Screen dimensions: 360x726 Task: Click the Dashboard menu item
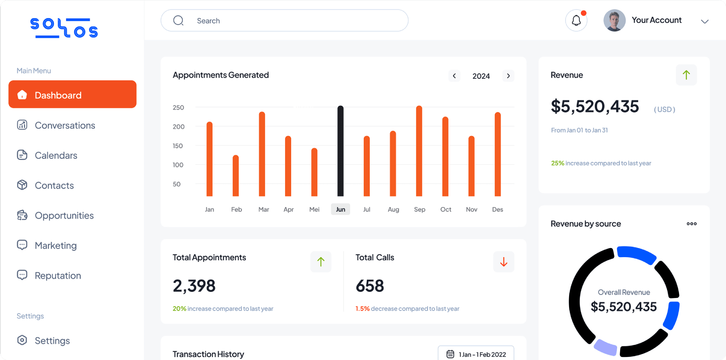coord(72,95)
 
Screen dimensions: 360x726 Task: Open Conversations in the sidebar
coord(64,125)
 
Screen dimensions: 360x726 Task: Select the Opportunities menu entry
coord(64,216)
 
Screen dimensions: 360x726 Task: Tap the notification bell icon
coord(576,20)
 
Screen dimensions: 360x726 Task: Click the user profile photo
coord(614,20)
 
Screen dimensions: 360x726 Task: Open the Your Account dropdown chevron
coord(704,22)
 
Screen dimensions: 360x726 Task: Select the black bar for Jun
coord(340,151)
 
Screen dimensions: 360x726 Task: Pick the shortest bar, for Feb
coord(236,176)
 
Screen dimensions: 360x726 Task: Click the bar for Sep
coord(419,151)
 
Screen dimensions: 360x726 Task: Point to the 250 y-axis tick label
coord(178,107)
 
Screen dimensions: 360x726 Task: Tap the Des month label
coord(497,209)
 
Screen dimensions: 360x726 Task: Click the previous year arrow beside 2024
coord(454,76)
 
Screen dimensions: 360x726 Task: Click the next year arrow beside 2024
coord(508,76)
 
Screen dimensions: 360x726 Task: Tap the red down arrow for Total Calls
coord(503,262)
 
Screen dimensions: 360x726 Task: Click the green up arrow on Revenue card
coord(686,75)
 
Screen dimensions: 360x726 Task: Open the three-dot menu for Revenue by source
coord(692,223)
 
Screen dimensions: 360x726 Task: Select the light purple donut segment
coord(606,347)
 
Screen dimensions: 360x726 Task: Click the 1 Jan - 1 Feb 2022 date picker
coord(476,354)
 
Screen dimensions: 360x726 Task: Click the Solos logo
coord(64,28)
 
